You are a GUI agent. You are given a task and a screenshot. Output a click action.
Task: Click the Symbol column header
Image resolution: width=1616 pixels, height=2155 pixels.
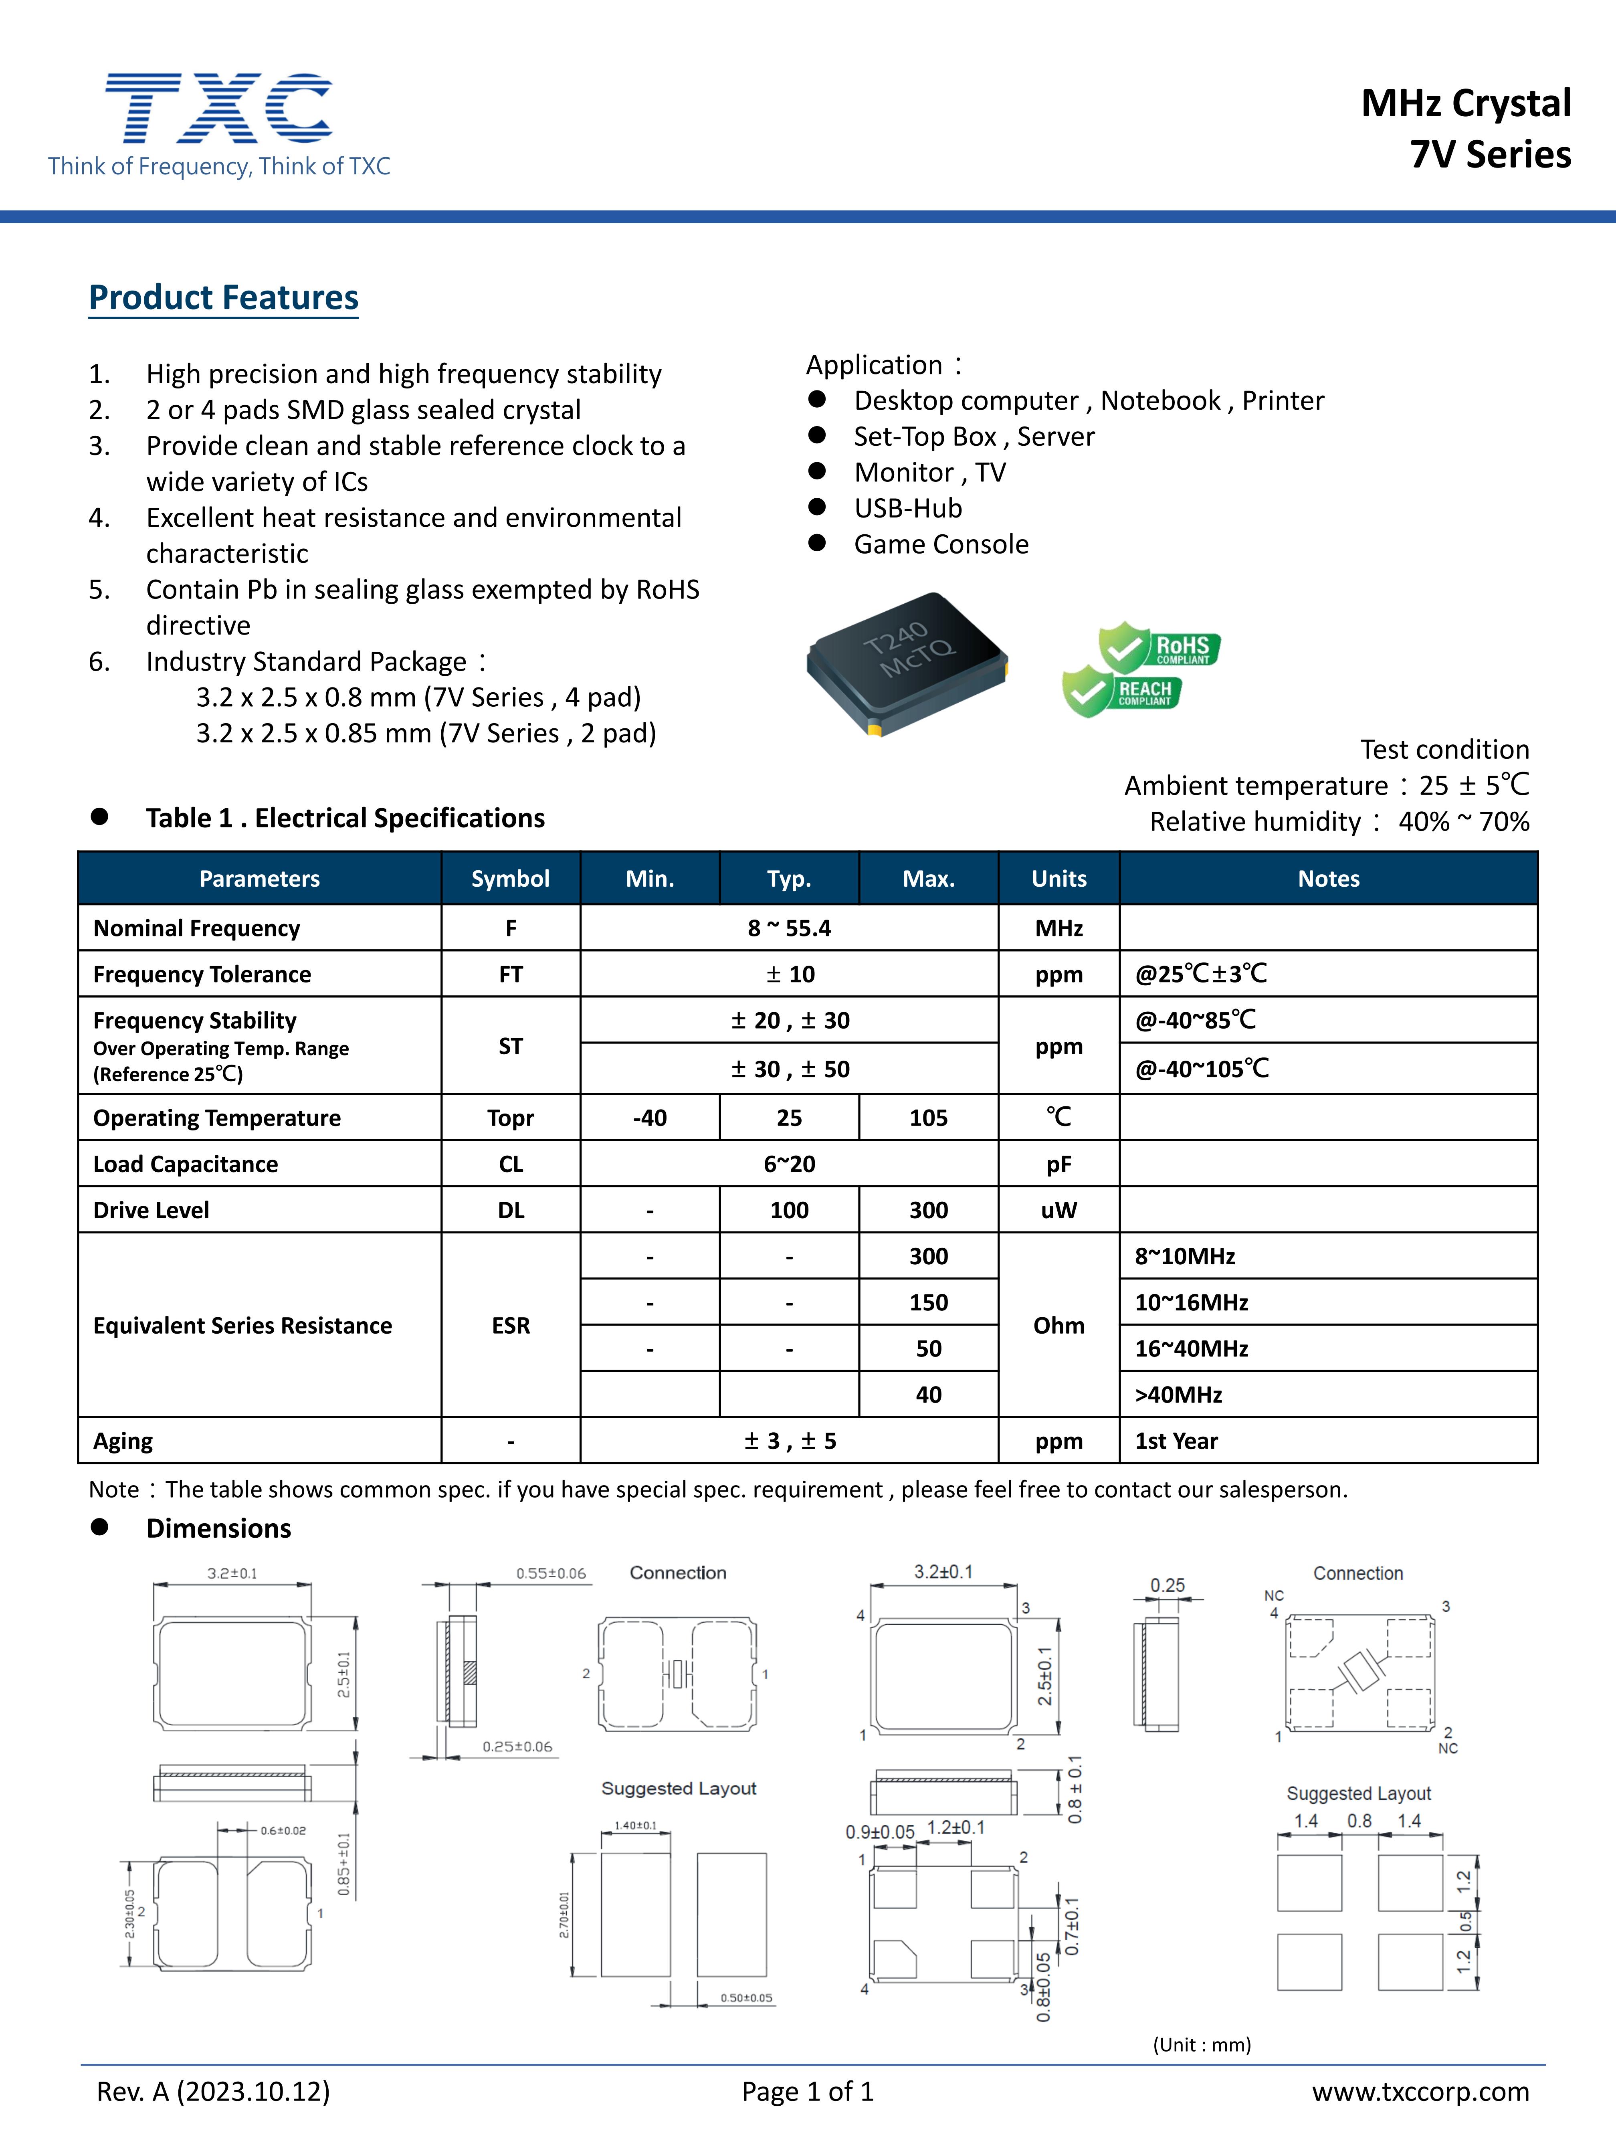pos(511,879)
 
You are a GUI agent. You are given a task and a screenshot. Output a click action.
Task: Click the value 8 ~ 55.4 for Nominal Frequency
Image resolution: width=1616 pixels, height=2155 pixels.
pos(789,928)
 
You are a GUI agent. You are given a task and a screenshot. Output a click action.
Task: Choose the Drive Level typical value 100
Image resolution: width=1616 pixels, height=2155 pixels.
pos(789,1210)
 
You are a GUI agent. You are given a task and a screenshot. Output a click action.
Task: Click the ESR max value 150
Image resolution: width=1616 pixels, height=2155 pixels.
pos(928,1302)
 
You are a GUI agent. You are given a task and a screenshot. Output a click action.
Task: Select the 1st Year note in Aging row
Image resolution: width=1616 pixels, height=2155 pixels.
pos(1176,1441)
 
